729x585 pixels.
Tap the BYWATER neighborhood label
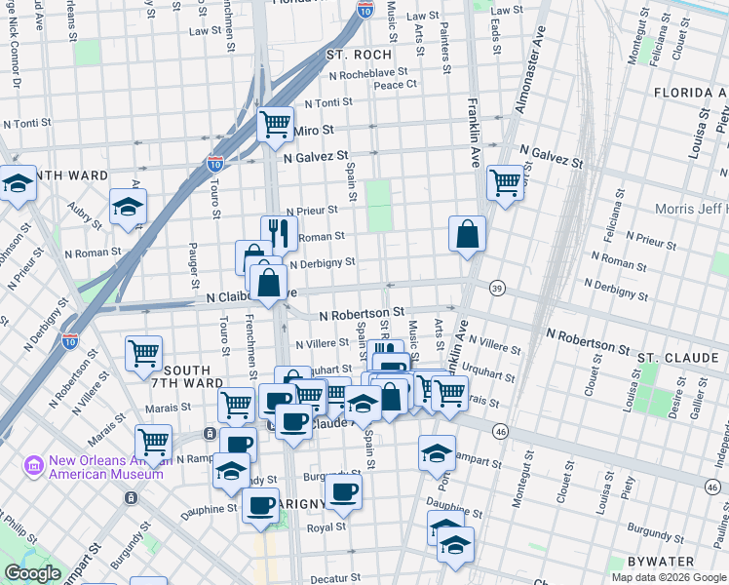pyautogui.click(x=689, y=562)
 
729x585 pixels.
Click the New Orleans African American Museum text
pyautogui.click(x=95, y=467)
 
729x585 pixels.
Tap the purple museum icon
pyautogui.click(x=35, y=466)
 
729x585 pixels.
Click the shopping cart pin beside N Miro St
pyautogui.click(x=276, y=123)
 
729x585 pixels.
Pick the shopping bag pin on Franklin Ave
pyautogui.click(x=468, y=233)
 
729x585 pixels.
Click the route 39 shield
pyautogui.click(x=497, y=289)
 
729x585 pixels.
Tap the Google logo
pyautogui.click(x=32, y=573)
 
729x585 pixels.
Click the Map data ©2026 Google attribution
pyautogui.click(x=668, y=577)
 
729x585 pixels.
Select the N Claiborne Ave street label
pyautogui.click(x=250, y=294)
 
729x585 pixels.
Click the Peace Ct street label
pyautogui.click(x=396, y=85)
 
